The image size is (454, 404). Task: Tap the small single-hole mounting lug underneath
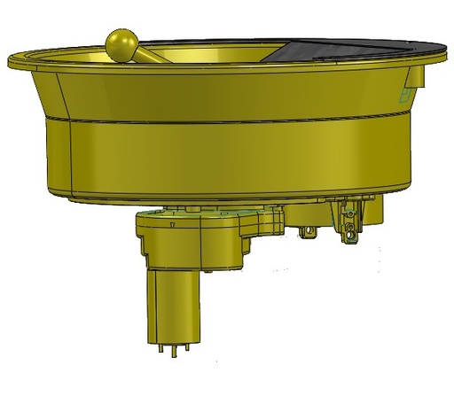[x=309, y=232]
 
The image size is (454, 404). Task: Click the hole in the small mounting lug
[x=309, y=234]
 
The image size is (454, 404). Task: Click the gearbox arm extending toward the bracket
[x=262, y=221]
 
